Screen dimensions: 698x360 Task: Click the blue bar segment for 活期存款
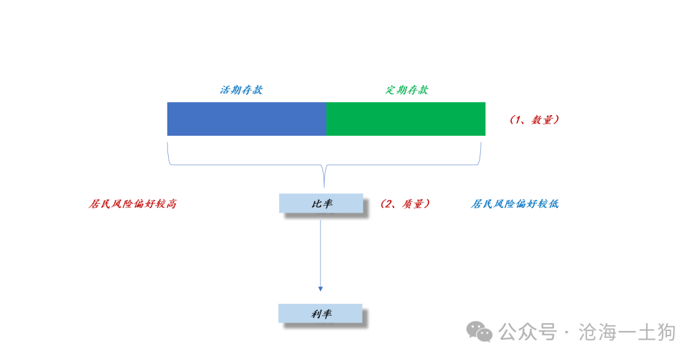247,119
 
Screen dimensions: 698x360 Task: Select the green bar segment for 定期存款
405,119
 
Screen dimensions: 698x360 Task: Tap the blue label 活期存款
241,90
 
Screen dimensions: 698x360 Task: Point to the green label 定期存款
407,90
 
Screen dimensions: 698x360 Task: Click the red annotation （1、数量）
534,120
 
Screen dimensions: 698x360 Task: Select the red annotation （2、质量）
405,204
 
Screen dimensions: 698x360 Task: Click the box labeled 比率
321,204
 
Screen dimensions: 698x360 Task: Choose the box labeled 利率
321,313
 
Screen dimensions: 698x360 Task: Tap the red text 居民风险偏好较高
132,204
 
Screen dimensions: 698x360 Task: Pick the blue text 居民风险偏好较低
514,204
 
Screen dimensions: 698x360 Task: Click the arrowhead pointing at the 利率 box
321,289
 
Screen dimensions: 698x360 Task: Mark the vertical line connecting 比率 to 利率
321,253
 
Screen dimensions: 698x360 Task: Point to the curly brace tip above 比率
324,187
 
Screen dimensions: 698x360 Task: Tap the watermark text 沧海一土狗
627,332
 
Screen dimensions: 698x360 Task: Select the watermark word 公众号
528,332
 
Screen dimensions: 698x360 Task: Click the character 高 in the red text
171,204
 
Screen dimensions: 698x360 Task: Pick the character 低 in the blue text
553,204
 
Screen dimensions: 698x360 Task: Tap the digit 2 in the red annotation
388,204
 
